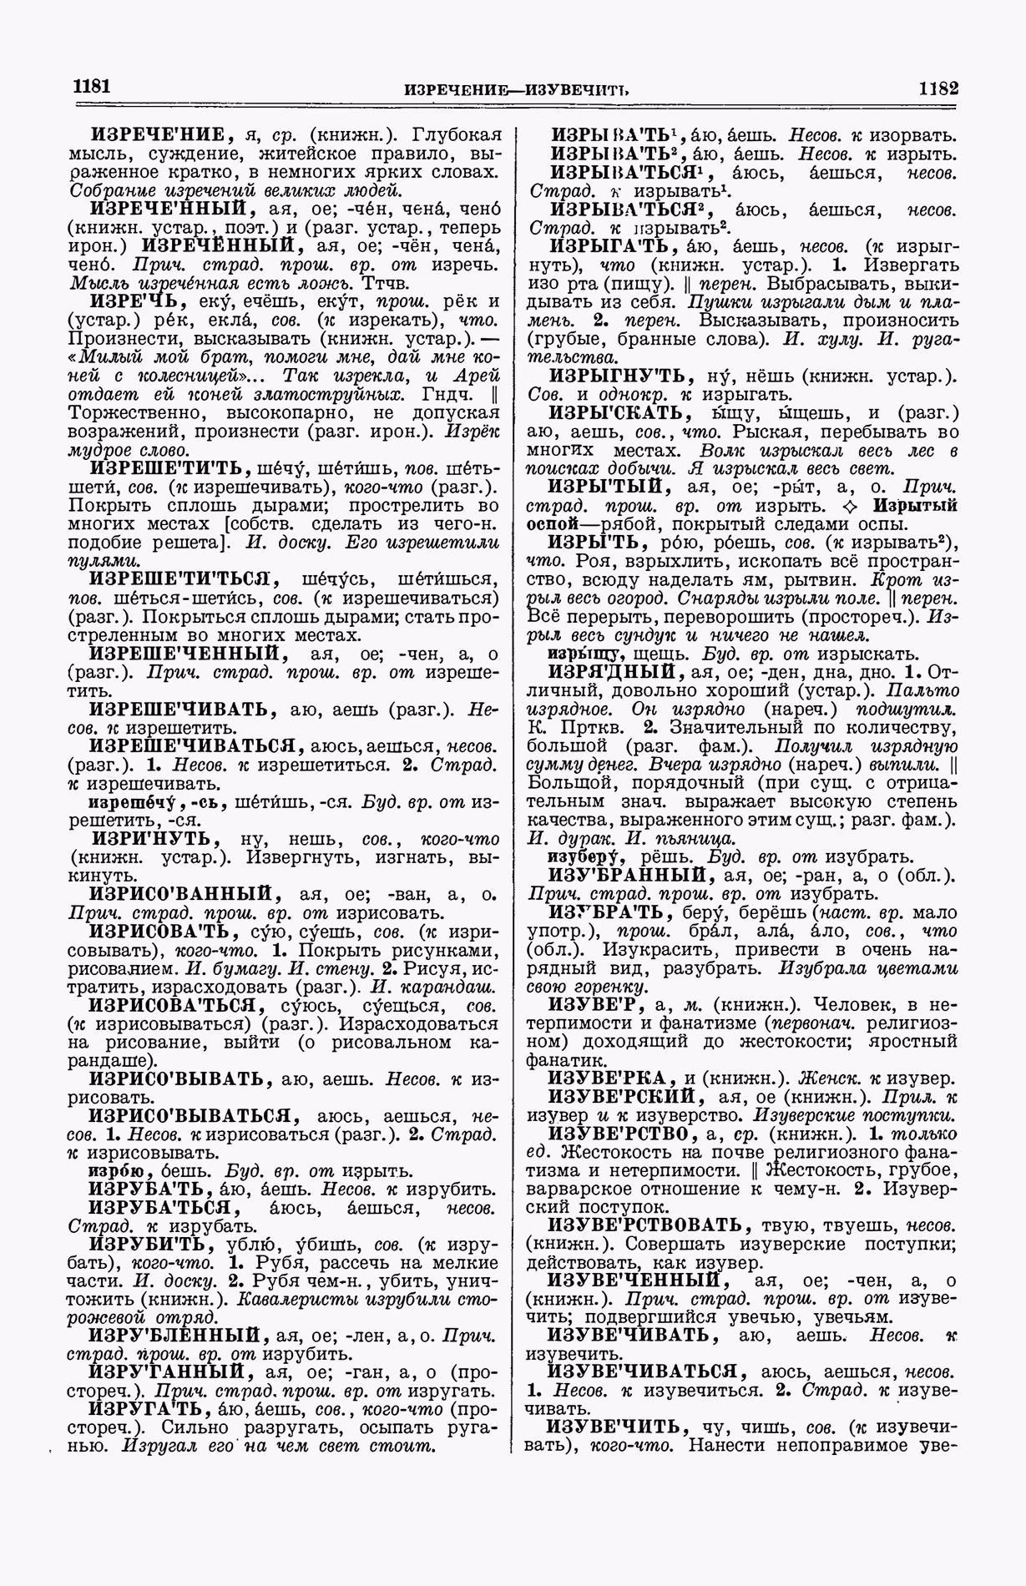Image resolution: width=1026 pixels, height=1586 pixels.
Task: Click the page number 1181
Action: pos(93,87)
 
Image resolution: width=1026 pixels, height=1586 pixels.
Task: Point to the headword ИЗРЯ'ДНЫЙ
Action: pos(611,672)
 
